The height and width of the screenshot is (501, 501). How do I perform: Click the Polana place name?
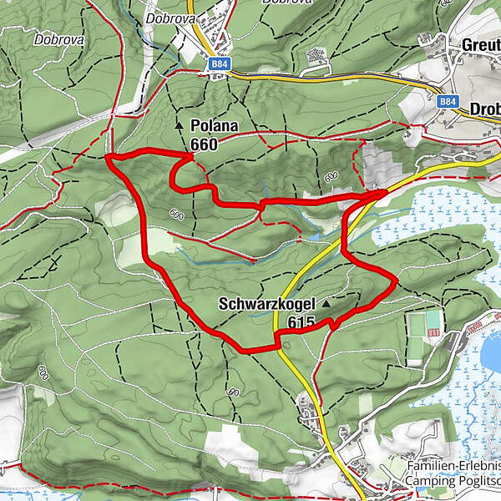[x=214, y=126]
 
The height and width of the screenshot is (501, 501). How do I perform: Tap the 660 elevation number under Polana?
[x=203, y=144]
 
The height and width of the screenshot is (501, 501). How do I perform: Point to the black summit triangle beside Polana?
[x=179, y=125]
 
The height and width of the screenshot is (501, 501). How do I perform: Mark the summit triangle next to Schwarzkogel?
[x=326, y=305]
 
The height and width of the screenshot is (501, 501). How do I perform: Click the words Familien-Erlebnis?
[x=453, y=466]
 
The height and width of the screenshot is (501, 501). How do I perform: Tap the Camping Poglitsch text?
[x=453, y=482]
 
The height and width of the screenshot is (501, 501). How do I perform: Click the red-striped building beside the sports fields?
[x=434, y=333]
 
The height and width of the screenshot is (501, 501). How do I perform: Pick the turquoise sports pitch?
[x=433, y=319]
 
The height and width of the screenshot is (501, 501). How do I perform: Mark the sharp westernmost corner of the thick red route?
[x=109, y=156]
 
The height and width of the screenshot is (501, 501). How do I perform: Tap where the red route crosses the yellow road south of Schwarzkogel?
[x=276, y=337]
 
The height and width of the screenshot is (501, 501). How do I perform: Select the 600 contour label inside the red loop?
[x=175, y=214]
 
